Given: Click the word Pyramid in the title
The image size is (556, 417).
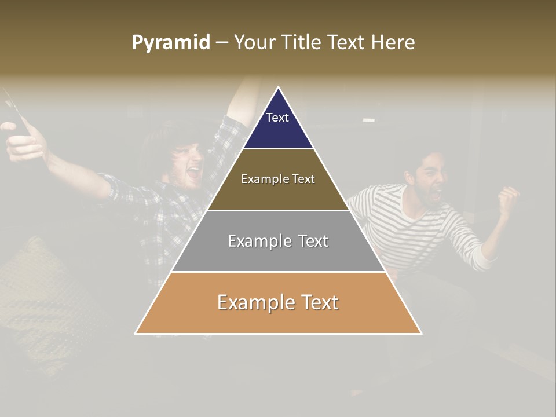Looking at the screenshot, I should (x=170, y=43).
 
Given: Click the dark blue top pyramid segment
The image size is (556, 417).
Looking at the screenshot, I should (x=278, y=130).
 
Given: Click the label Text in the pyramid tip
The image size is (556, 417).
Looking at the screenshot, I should (x=277, y=118).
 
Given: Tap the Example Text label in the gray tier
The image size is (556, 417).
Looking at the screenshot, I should (x=278, y=241).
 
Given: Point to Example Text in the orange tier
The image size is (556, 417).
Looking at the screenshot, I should (x=278, y=302).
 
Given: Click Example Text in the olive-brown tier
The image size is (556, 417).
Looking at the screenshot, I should (x=278, y=179).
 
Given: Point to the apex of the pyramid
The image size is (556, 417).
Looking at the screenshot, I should (x=279, y=88).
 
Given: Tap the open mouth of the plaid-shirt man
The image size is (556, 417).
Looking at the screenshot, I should (x=193, y=171).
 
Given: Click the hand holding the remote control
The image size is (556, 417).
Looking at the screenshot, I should (x=23, y=142).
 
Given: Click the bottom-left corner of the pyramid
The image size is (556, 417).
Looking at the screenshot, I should (x=136, y=333).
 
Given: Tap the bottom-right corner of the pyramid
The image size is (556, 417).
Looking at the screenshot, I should (x=421, y=333).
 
